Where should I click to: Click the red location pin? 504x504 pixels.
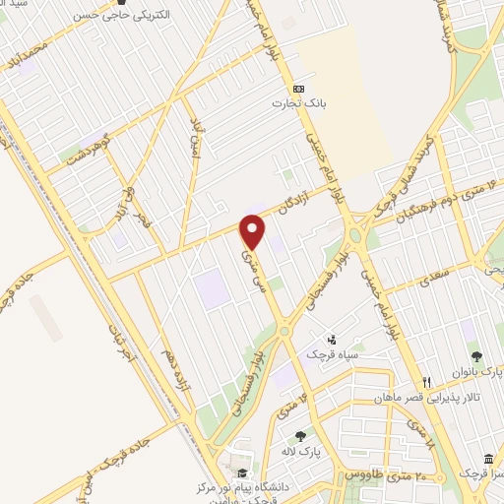254,232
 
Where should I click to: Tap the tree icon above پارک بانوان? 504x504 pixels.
477,357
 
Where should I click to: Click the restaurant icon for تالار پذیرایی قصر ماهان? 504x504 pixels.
426,382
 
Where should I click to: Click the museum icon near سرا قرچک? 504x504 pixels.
489,460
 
